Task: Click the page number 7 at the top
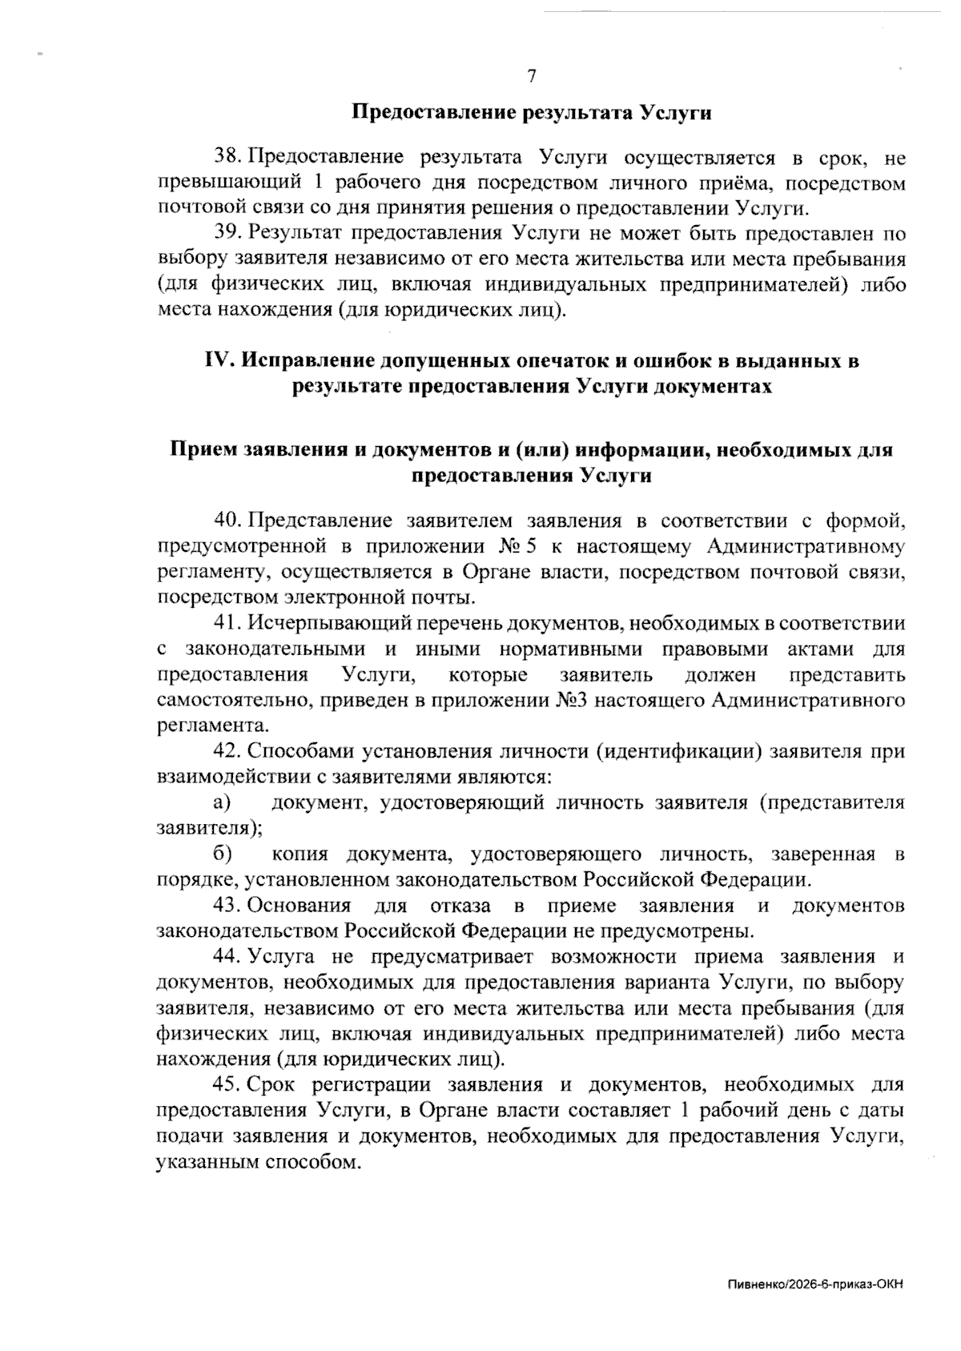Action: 531,77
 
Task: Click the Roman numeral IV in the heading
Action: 219,361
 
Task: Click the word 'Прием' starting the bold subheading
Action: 203,450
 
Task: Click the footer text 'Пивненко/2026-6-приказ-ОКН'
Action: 816,1285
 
